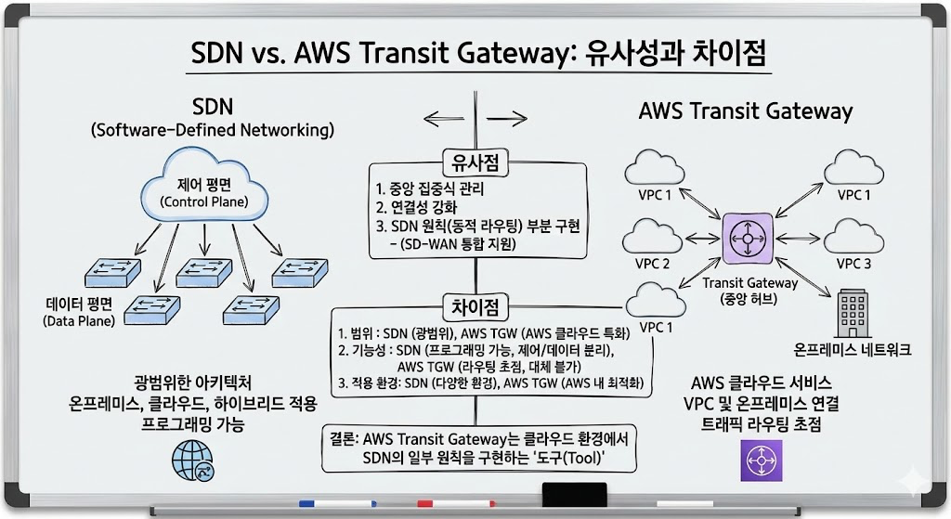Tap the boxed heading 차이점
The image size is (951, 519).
tap(475, 306)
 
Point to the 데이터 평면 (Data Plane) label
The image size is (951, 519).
tap(78, 312)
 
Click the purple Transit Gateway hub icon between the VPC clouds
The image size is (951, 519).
tap(747, 240)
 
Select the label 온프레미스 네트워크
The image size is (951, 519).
tap(853, 350)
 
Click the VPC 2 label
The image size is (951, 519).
tap(652, 264)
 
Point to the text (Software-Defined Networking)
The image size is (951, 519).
tap(212, 130)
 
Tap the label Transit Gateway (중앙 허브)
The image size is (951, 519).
tap(750, 291)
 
